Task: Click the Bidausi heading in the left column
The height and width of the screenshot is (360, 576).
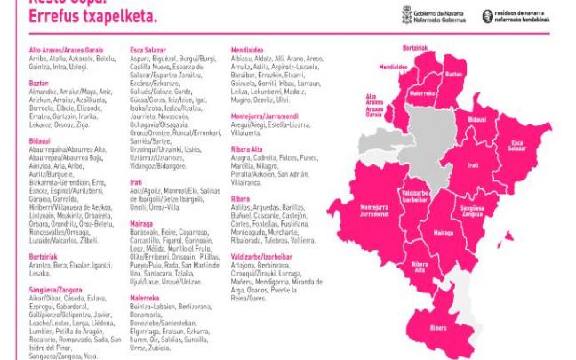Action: (40, 140)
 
